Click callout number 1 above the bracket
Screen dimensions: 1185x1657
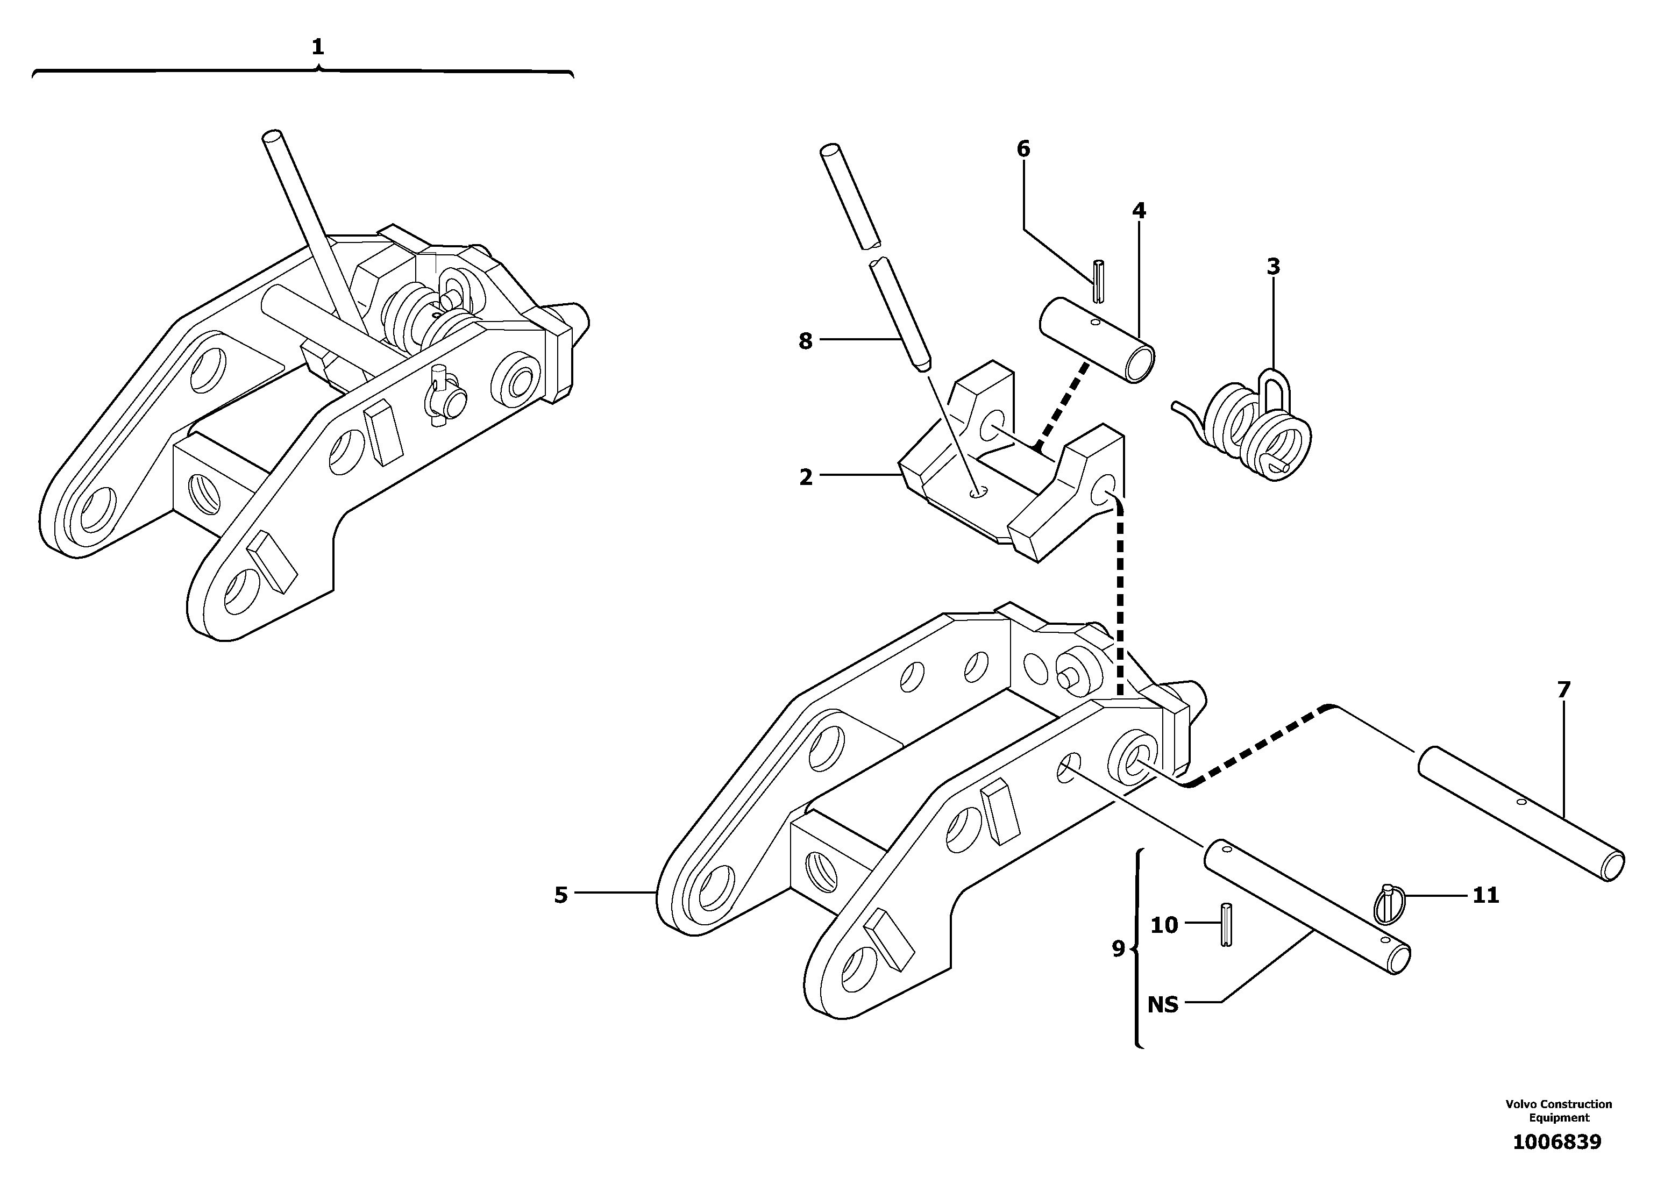[317, 47]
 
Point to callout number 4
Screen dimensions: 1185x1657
[1139, 211]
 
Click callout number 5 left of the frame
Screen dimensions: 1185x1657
[560, 895]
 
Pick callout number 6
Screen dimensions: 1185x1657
[1023, 149]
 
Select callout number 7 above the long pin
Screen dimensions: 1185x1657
[1563, 689]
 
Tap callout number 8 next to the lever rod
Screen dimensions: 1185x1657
[805, 341]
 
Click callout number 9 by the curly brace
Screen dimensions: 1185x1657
[1118, 948]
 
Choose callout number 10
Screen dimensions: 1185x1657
[1164, 925]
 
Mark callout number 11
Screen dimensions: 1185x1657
[1485, 895]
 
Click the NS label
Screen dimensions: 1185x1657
[1163, 1005]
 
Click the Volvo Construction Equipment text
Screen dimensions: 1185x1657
[1559, 1111]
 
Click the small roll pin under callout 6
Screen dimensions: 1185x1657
[1099, 280]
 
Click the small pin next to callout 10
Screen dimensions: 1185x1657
[1226, 925]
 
